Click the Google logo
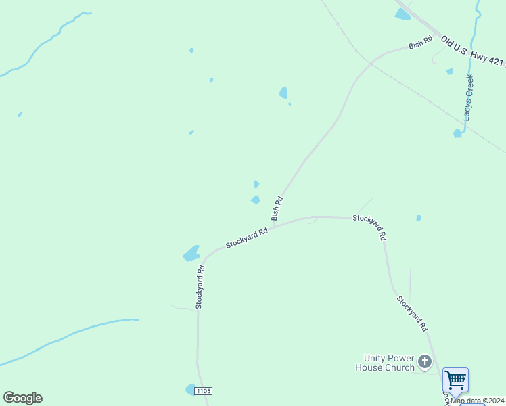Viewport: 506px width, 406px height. click(x=22, y=398)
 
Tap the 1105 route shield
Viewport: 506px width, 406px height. click(x=203, y=391)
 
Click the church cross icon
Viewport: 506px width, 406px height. click(x=425, y=362)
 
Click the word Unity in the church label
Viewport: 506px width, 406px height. click(x=377, y=358)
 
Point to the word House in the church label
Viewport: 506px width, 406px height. click(x=371, y=367)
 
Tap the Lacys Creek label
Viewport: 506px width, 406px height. click(x=468, y=97)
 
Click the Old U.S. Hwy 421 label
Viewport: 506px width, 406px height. click(x=472, y=51)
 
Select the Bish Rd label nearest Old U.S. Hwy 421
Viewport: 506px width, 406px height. click(x=420, y=43)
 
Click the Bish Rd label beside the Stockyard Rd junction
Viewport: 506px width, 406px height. click(x=277, y=208)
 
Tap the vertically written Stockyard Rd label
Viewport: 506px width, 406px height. click(x=200, y=287)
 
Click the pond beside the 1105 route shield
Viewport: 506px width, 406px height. click(x=190, y=389)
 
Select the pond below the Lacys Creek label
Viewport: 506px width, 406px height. click(x=457, y=133)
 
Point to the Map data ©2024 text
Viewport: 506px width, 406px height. click(x=478, y=401)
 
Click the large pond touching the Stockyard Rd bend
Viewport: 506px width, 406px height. click(x=191, y=254)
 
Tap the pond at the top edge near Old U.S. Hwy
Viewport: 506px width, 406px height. click(x=402, y=14)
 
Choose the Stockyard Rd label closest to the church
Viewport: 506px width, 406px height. click(x=412, y=313)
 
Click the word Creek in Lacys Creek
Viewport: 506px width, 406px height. click(x=469, y=87)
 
